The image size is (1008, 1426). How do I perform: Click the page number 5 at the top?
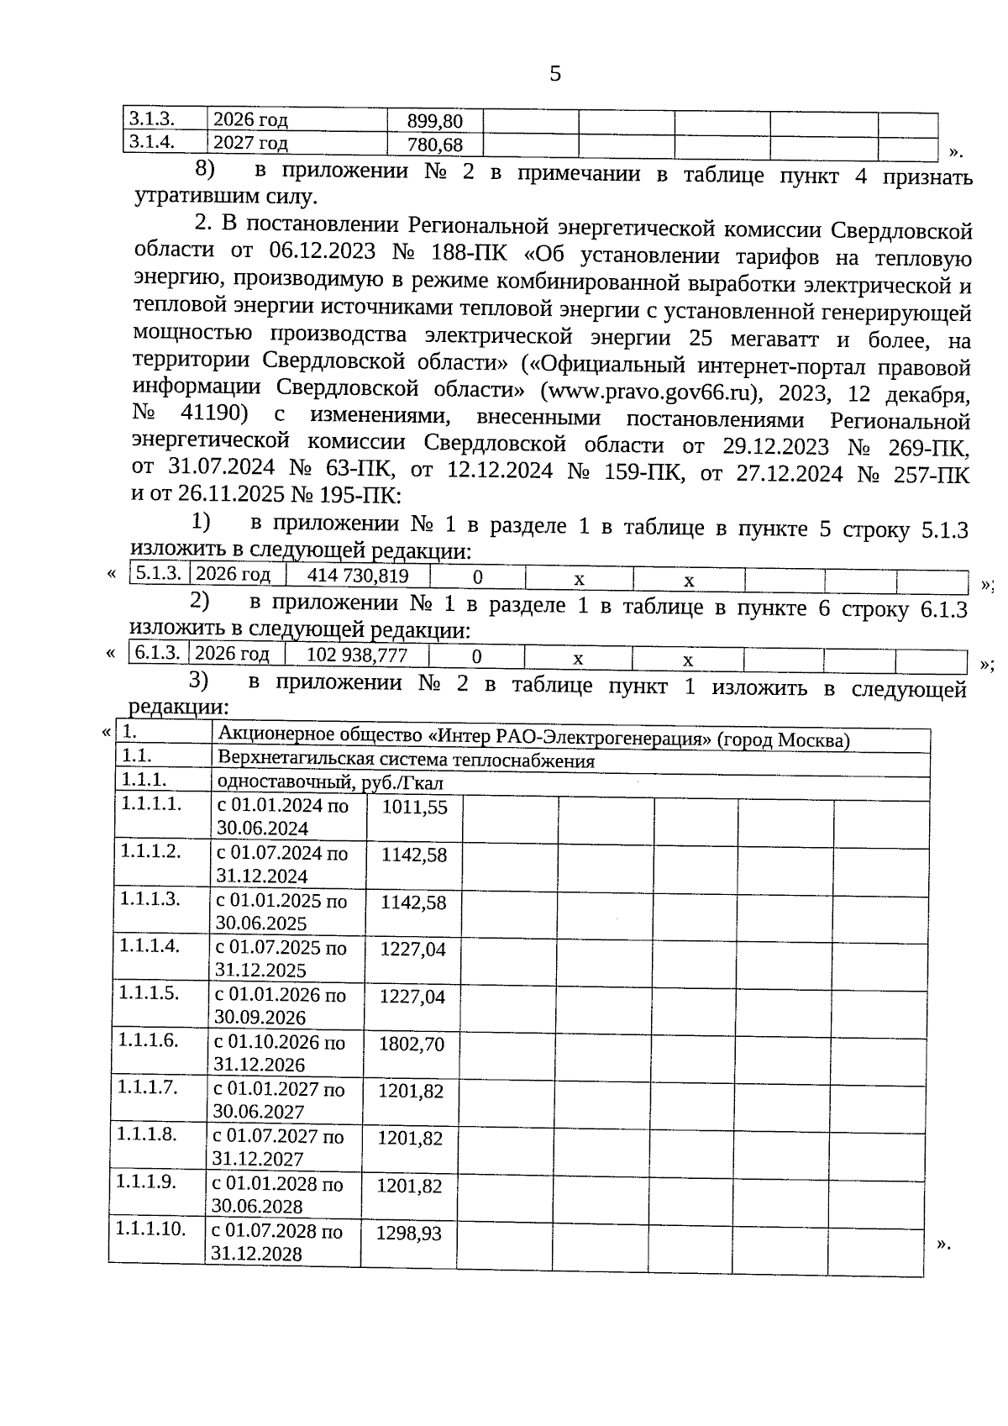coord(554,74)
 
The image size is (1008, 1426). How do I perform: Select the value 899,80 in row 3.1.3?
coord(434,121)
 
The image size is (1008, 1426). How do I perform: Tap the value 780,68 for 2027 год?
coord(434,145)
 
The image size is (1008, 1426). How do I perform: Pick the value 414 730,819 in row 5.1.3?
coord(358,576)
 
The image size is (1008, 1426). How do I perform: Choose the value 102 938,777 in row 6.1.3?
coord(357,655)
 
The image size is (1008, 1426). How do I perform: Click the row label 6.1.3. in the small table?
coord(158,653)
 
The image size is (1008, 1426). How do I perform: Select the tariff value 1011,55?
coord(414,808)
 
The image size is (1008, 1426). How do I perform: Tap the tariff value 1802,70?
coord(412,1045)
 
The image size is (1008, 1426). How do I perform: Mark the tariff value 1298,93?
coord(408,1234)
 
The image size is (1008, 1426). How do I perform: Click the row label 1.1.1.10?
coord(150,1228)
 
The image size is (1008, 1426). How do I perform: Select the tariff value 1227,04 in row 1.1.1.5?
coord(412,997)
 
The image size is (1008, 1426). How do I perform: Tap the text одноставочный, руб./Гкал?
coord(329,783)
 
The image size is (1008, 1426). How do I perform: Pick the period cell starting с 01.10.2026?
coord(280,1054)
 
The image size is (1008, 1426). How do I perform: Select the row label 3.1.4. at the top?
coord(153,142)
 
